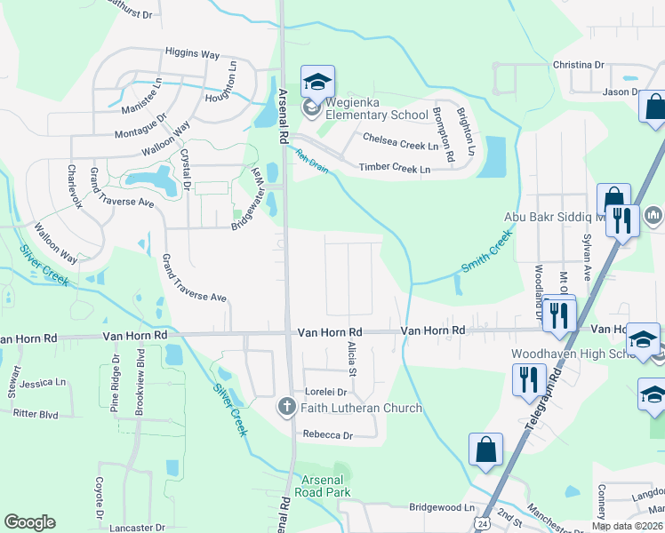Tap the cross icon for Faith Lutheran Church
tap(286, 408)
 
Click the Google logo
tap(29, 522)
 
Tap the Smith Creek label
tap(486, 251)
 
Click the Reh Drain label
tap(313, 161)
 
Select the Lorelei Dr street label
tap(324, 391)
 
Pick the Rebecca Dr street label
tap(327, 434)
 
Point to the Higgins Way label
tap(192, 54)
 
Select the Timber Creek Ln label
tap(394, 168)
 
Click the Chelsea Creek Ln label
tap(400, 140)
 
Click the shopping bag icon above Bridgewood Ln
tap(486, 450)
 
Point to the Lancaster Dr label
tap(137, 527)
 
